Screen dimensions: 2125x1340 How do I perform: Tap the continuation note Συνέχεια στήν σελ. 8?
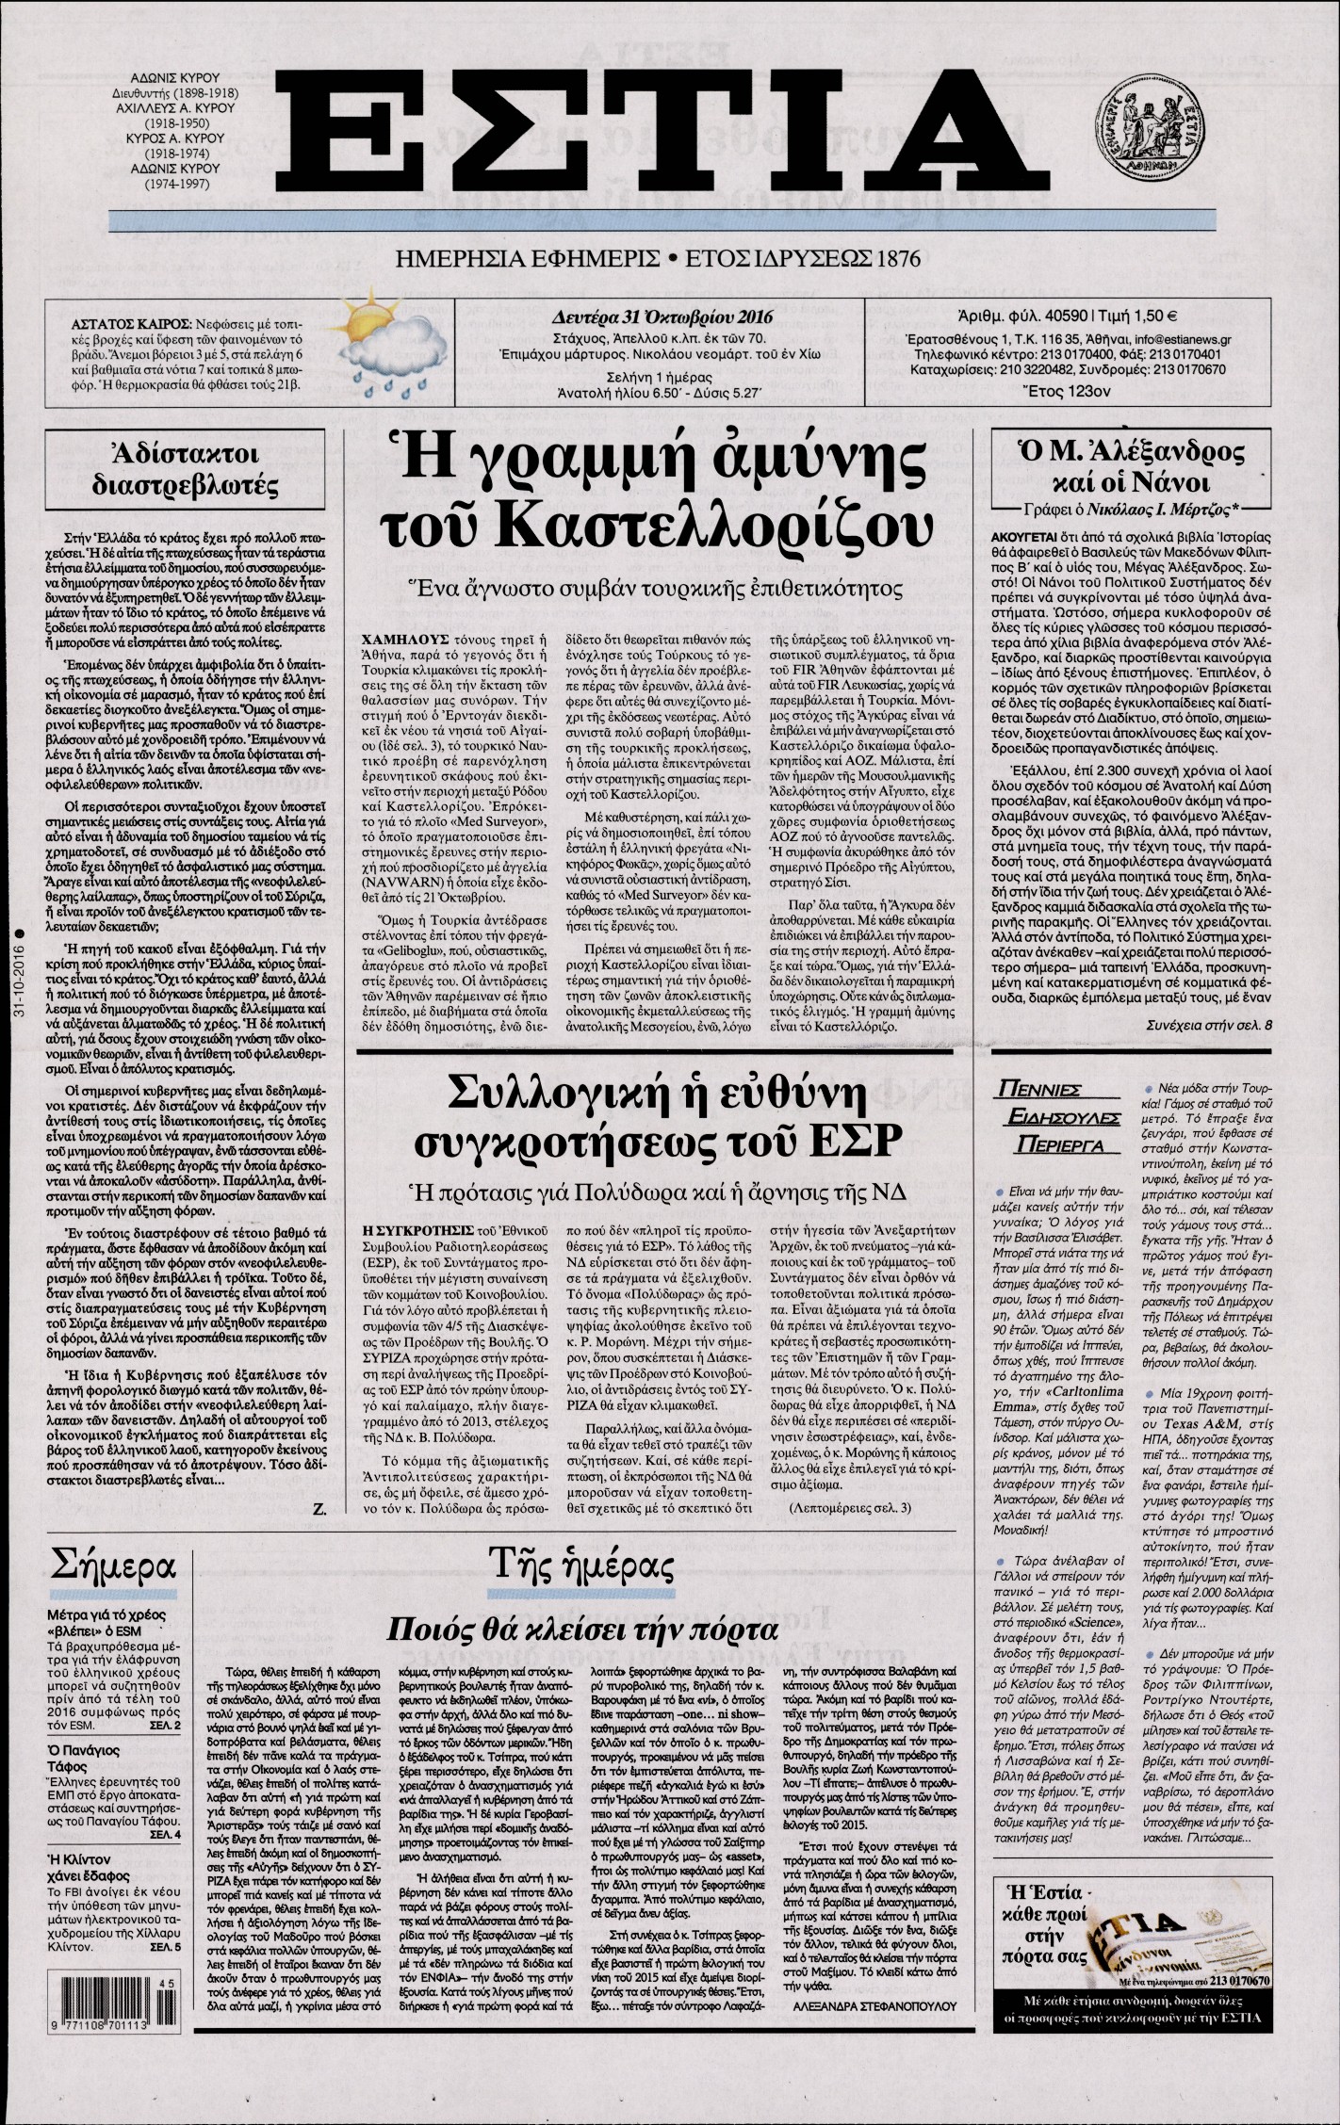1208,1025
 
